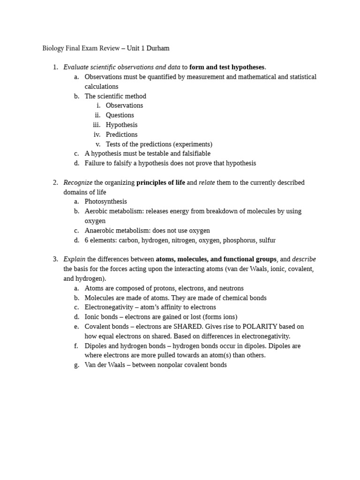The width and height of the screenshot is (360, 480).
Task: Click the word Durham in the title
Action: pyautogui.click(x=157, y=48)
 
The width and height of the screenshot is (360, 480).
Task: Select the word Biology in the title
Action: pyautogui.click(x=53, y=48)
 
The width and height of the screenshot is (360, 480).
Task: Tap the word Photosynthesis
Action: pyautogui.click(x=105, y=202)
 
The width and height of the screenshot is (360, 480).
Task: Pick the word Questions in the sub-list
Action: pyautogui.click(x=120, y=115)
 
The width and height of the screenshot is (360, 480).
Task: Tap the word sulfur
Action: pyautogui.click(x=266, y=240)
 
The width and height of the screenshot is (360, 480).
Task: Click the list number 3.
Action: pyautogui.click(x=55, y=259)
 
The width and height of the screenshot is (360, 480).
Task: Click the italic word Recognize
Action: pyautogui.click(x=78, y=183)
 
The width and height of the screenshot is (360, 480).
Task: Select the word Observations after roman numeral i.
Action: pyautogui.click(x=124, y=106)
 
